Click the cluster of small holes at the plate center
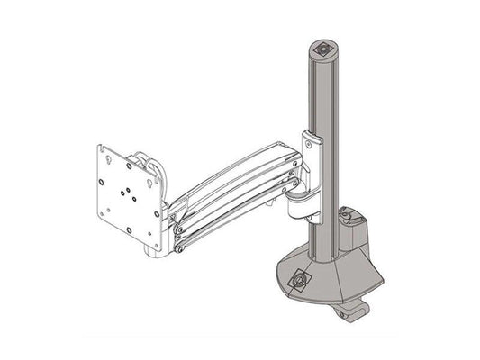point(127,192)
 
